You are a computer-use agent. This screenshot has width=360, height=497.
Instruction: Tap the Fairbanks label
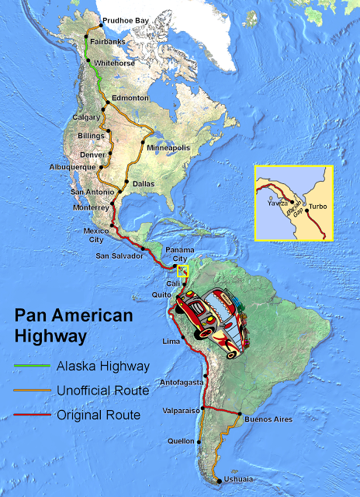(x=109, y=40)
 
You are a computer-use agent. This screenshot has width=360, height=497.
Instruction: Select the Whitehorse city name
(x=113, y=61)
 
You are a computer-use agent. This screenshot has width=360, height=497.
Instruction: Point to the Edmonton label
(x=130, y=98)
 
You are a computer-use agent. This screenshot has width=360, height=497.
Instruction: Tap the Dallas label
(x=144, y=183)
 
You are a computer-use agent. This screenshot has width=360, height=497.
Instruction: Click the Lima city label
(x=170, y=341)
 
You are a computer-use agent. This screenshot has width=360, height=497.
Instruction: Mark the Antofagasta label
(x=182, y=383)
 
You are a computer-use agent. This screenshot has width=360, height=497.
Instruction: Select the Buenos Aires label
(x=268, y=419)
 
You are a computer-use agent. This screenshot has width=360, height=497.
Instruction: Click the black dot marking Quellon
(x=199, y=442)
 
